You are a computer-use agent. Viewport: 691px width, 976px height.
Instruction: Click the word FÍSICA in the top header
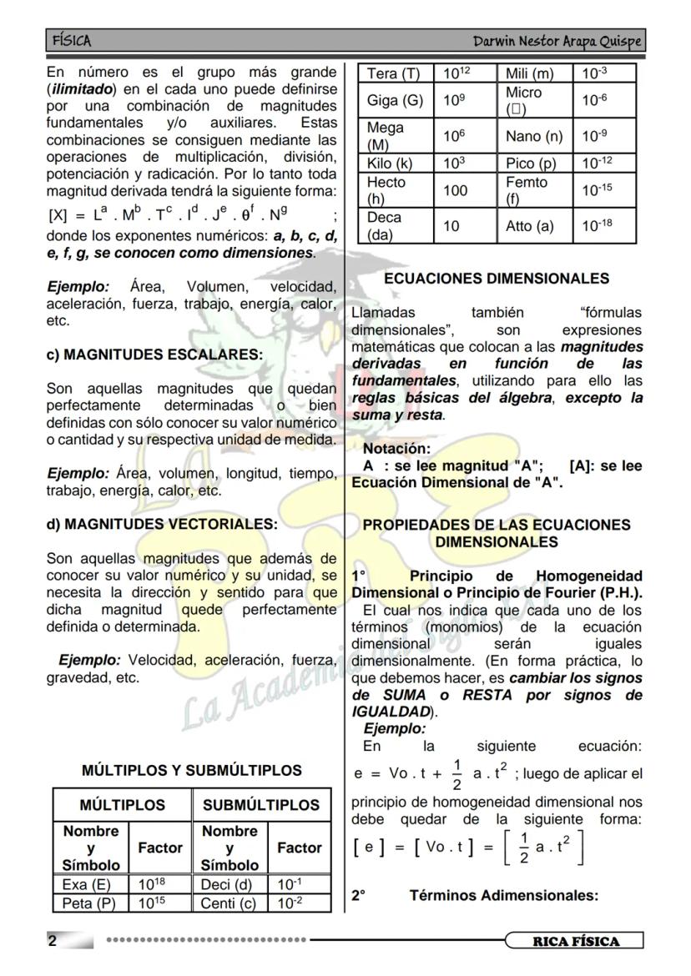pos(72,41)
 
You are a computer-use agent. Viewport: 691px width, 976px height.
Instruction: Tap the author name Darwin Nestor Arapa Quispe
pos(557,41)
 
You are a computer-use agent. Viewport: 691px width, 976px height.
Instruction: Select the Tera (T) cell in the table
pos(395,73)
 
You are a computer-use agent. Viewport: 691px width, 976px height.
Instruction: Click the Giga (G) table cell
pos(395,101)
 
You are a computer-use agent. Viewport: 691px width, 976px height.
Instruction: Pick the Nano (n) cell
pos(534,136)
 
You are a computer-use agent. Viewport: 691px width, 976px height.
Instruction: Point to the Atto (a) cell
pos(529,226)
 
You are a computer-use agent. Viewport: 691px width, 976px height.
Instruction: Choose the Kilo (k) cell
pos(390,164)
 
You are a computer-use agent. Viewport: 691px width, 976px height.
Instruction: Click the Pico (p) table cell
pos(531,164)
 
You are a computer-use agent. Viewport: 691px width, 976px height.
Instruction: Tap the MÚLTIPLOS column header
pos(123,805)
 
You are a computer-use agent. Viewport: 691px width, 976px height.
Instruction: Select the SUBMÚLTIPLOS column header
pos(260,805)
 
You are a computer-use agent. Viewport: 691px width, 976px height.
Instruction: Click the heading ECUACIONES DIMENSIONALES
pos(497,279)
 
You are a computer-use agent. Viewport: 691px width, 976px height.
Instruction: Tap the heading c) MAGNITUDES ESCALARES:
pos(154,355)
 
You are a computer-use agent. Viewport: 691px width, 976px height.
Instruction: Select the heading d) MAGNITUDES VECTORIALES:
pos(162,525)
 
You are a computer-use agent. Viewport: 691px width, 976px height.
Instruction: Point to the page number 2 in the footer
pos(53,942)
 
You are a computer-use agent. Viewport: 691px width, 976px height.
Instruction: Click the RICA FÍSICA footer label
pos(576,942)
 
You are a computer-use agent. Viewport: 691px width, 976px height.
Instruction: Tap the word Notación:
pos(397,449)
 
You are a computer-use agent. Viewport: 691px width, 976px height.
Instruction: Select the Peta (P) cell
pos(88,903)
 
